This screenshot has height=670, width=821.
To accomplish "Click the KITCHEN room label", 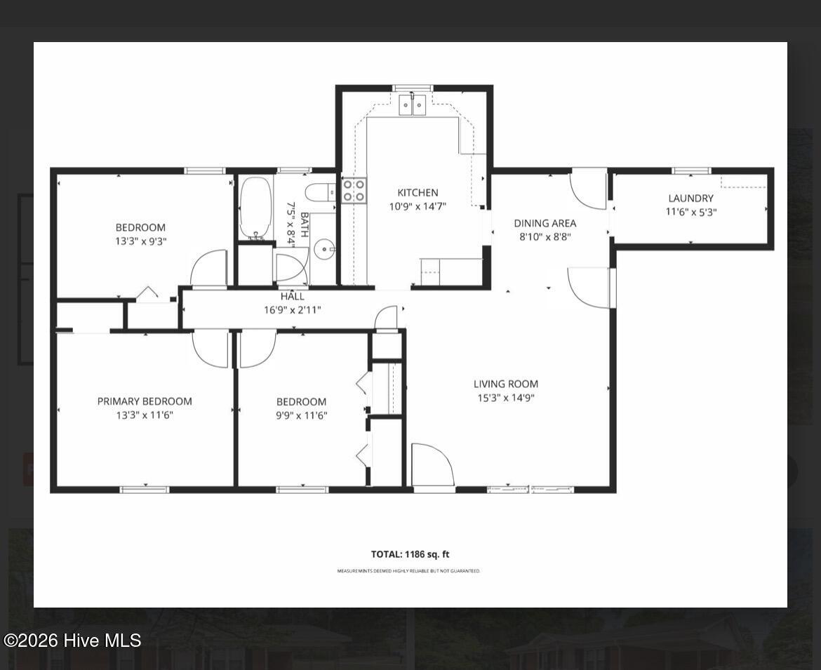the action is (x=418, y=193).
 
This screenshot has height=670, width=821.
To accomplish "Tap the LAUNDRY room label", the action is (x=690, y=199).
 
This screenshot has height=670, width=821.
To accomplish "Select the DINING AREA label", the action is (x=545, y=223).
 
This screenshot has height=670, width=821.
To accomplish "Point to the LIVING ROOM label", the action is (x=506, y=384).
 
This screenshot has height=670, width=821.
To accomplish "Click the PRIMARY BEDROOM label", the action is (x=145, y=401).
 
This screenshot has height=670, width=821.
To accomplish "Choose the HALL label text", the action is (x=292, y=296).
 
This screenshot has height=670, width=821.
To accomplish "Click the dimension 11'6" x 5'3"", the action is (x=691, y=212).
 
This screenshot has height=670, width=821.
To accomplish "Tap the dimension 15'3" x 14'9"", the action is (x=506, y=398).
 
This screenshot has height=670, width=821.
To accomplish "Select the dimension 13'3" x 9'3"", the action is (x=141, y=241).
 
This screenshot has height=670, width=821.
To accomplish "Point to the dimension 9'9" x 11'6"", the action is (x=302, y=415).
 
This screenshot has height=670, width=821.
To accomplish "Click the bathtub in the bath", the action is (x=255, y=208).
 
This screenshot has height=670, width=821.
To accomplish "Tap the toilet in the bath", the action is (x=320, y=193).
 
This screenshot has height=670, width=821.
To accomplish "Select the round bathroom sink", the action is (x=325, y=249).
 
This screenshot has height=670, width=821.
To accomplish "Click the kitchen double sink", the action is (x=413, y=105).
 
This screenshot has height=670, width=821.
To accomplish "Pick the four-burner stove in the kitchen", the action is (x=354, y=191).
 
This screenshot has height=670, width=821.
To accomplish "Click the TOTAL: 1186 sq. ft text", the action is (x=410, y=554).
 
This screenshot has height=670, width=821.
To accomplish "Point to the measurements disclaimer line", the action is (x=408, y=571).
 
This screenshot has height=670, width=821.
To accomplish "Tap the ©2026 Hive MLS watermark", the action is (x=72, y=640).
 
